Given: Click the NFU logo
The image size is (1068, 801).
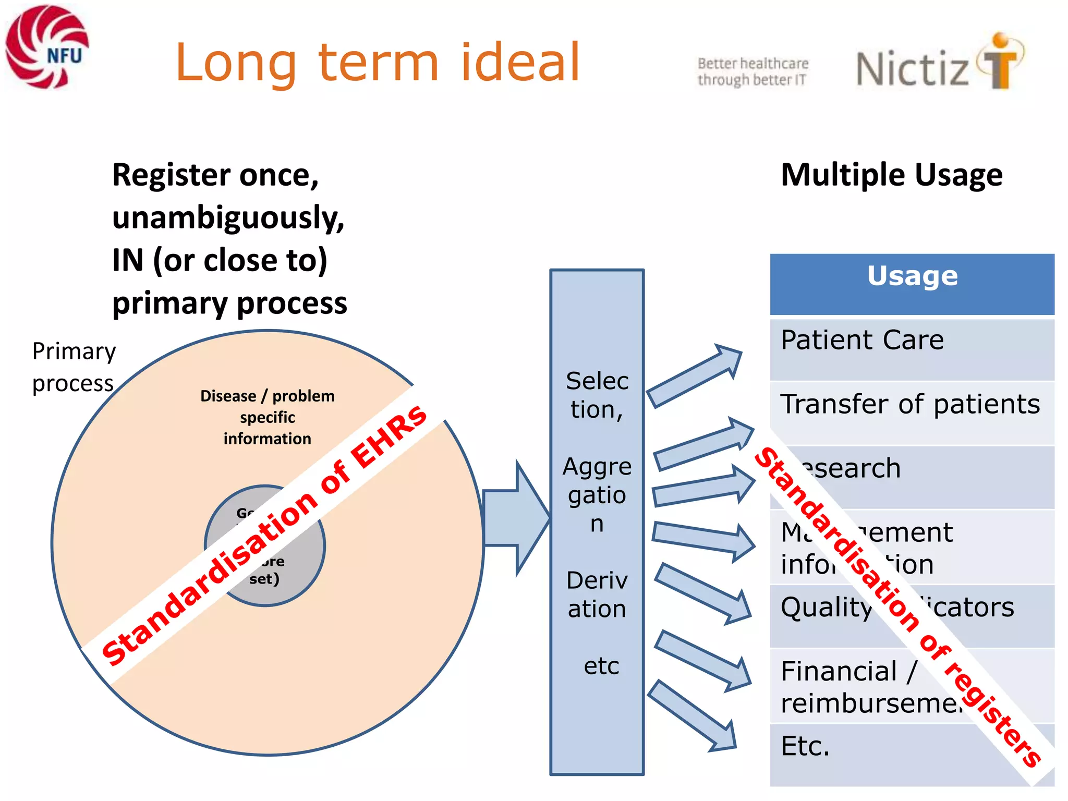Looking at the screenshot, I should [x=47, y=47].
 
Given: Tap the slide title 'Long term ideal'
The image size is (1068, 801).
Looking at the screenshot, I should [x=378, y=63].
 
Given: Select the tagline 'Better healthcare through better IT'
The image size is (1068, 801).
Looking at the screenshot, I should [x=753, y=71].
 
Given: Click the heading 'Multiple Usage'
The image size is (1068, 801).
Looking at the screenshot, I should [x=891, y=175].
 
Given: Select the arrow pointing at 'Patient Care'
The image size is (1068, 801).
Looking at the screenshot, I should [x=694, y=375].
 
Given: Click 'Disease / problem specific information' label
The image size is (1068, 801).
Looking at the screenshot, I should [x=267, y=417].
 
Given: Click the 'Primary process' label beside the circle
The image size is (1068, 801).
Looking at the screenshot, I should [x=73, y=367].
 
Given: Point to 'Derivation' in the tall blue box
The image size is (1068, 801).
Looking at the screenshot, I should [x=597, y=594].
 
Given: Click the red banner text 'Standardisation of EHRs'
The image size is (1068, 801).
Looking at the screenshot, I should [x=264, y=535].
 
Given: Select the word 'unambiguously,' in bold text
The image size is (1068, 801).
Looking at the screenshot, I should [x=228, y=217].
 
